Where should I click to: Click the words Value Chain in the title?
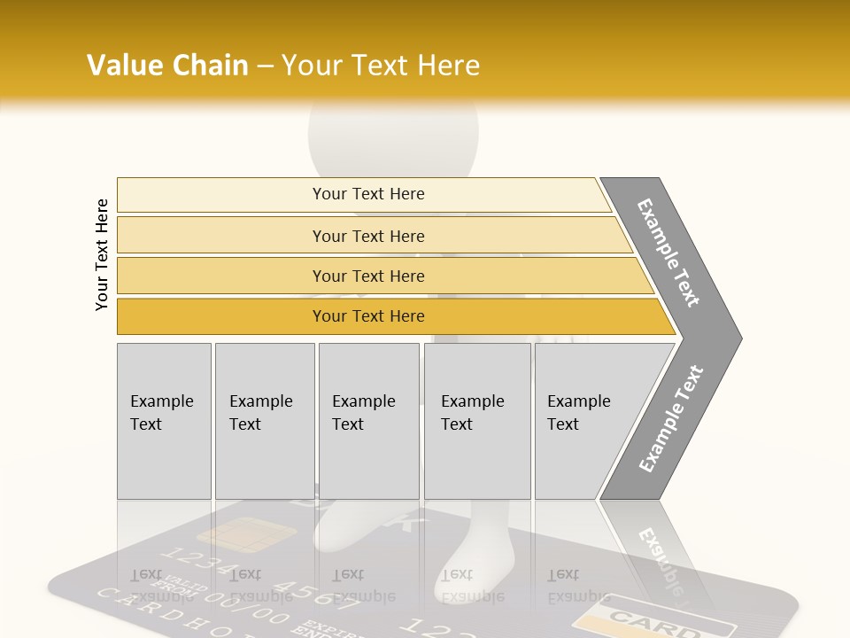pos(167,66)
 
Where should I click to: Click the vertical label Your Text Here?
pos(102,254)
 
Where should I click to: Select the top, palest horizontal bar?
pos(367,194)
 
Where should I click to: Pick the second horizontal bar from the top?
pos(367,236)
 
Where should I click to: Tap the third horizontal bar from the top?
pos(367,276)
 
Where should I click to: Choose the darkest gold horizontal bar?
pos(367,316)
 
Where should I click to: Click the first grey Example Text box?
pos(164,421)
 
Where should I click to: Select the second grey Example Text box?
pos(264,421)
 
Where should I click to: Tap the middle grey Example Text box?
pos(368,421)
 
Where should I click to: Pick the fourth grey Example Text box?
pos(476,421)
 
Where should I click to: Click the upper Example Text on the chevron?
pos(668,253)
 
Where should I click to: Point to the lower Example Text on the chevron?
pos(671,418)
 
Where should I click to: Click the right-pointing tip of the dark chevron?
pos(737,338)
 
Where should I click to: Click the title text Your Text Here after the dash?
pos(381,66)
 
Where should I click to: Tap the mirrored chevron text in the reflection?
pos(660,558)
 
